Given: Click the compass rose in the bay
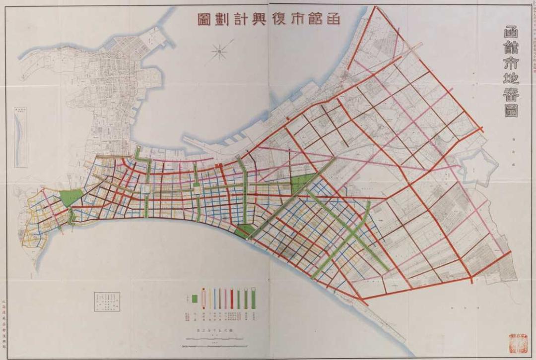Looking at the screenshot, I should point(219,51).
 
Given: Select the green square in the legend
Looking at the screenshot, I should point(195,298).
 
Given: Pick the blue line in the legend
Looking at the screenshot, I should point(214,298).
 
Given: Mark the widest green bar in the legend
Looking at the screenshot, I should point(254,298).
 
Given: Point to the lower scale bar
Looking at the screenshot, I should point(214,343).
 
